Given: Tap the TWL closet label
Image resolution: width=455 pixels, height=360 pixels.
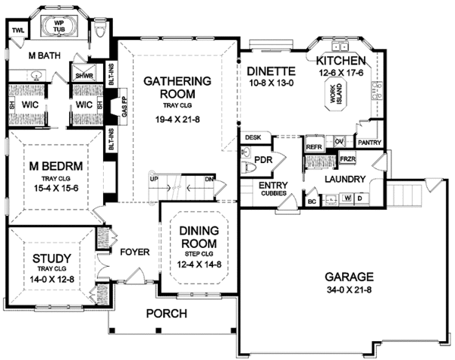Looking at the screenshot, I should (x=19, y=30).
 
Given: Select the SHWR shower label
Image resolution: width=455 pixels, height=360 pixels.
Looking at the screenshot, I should (x=82, y=76).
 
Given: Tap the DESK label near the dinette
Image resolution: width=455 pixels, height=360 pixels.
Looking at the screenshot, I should (x=253, y=137).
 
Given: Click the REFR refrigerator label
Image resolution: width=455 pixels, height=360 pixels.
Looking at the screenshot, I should (x=313, y=142).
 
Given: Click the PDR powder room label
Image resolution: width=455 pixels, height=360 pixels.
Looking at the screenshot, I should (x=263, y=159).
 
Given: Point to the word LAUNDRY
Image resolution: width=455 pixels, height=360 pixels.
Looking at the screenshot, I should (x=345, y=180).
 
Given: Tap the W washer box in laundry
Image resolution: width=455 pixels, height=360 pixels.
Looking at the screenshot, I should (x=347, y=199).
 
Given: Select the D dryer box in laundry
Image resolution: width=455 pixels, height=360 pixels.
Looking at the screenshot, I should (x=359, y=199).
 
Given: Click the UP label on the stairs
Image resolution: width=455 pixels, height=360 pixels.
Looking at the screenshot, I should (x=153, y=180).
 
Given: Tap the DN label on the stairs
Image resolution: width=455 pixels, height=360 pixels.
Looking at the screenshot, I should (x=209, y=180).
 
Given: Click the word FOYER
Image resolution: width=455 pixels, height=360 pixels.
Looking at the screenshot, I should (x=133, y=252).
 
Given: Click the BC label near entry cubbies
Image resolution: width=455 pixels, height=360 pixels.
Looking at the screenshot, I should (x=312, y=202).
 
